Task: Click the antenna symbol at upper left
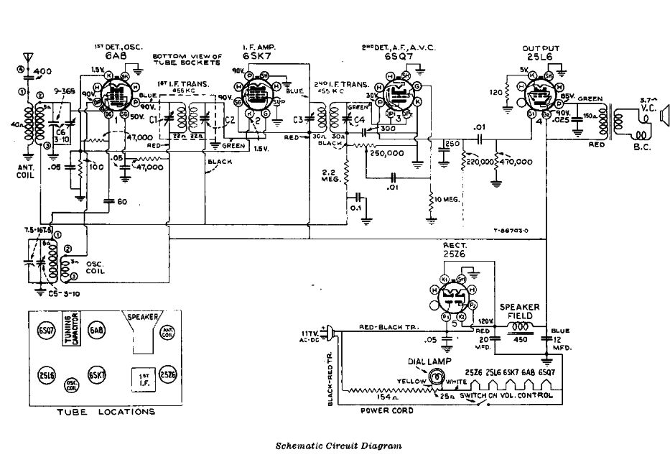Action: (28, 56)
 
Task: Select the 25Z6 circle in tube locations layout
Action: (168, 375)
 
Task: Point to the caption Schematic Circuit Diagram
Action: (338, 446)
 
